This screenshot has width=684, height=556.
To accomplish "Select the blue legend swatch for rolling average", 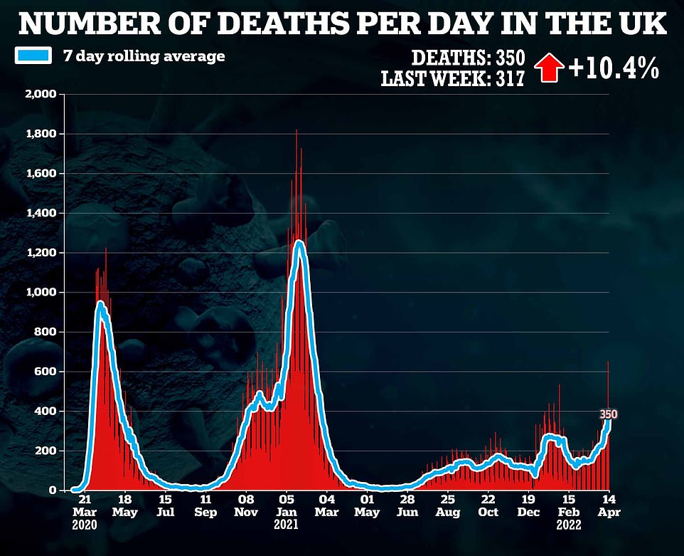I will pyautogui.click(x=34, y=56).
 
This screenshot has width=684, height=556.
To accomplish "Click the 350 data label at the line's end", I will pyautogui.click(x=609, y=414).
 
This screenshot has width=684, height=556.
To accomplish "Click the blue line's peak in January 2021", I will pyautogui.click(x=299, y=243).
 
